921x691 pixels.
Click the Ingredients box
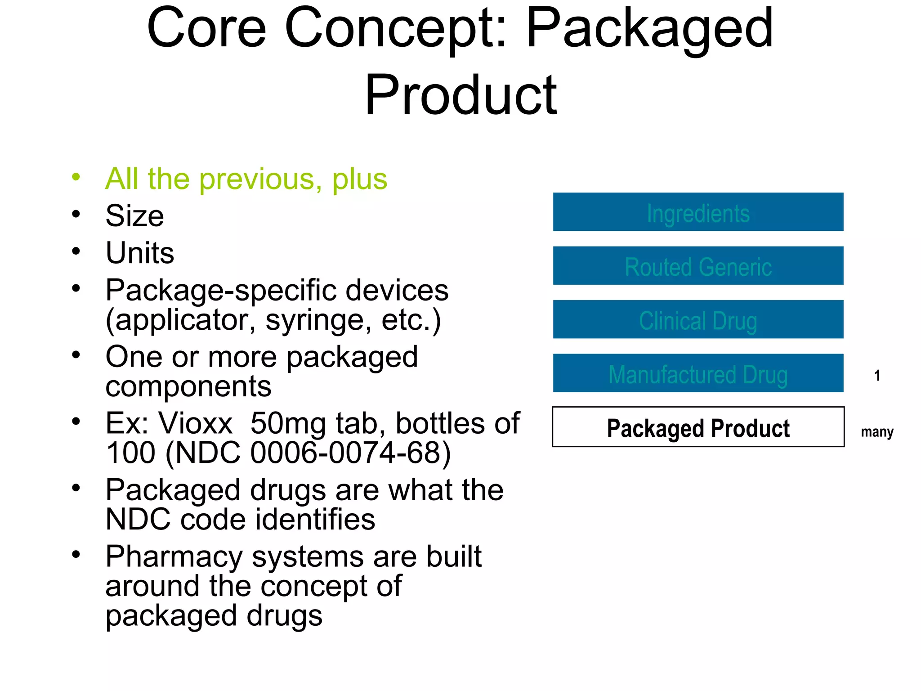point(698,212)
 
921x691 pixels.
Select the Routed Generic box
point(698,266)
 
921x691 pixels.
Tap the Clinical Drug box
point(698,320)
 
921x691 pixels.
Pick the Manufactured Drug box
point(698,373)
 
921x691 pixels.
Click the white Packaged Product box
point(698,427)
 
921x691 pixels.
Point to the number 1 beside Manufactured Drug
point(877,376)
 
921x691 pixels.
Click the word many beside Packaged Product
point(877,432)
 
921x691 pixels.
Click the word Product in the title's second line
point(460,95)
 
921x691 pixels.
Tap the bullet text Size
point(134,216)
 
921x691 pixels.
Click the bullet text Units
point(140,253)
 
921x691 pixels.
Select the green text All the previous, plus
point(246,179)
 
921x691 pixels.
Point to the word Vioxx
point(196,423)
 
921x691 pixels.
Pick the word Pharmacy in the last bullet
point(174,557)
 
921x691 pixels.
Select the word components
point(188,387)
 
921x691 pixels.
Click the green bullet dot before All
point(76,177)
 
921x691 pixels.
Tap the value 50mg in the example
point(288,423)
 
